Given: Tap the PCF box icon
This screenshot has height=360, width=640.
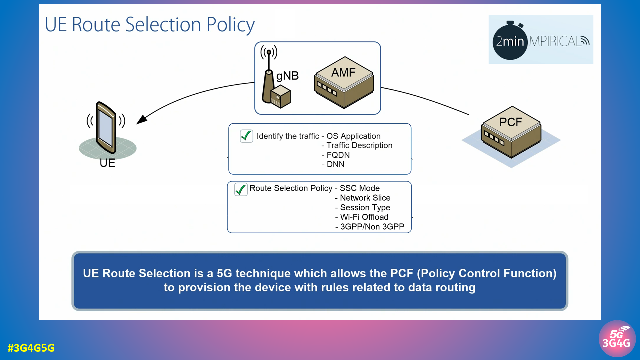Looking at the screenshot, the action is click(x=511, y=133).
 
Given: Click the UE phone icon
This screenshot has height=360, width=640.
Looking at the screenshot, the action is click(x=106, y=128).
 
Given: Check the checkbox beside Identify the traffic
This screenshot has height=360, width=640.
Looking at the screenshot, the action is click(x=246, y=136).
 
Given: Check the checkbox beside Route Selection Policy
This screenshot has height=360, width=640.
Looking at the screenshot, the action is click(x=241, y=189).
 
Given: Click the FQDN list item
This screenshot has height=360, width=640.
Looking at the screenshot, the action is click(x=338, y=155).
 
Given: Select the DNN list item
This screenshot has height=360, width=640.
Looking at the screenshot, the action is click(x=335, y=164).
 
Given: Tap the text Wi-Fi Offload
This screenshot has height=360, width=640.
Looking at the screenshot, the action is click(x=364, y=217).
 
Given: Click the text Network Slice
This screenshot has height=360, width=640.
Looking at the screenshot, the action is click(x=365, y=198).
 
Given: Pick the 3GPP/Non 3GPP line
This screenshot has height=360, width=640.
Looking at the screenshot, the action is click(x=372, y=227).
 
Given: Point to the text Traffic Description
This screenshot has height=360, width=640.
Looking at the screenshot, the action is click(x=359, y=145).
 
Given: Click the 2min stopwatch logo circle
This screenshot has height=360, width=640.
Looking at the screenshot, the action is click(x=510, y=41).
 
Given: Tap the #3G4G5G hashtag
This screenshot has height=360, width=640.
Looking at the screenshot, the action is click(x=31, y=348).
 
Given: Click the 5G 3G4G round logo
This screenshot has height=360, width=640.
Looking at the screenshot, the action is click(x=617, y=339).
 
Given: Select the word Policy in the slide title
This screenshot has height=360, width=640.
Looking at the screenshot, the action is click(x=230, y=25).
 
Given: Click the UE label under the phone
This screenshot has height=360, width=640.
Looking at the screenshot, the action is click(x=107, y=163).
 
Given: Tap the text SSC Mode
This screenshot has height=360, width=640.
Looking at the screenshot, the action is click(x=360, y=188).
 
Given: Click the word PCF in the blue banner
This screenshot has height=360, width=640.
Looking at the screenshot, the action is click(x=402, y=273).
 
